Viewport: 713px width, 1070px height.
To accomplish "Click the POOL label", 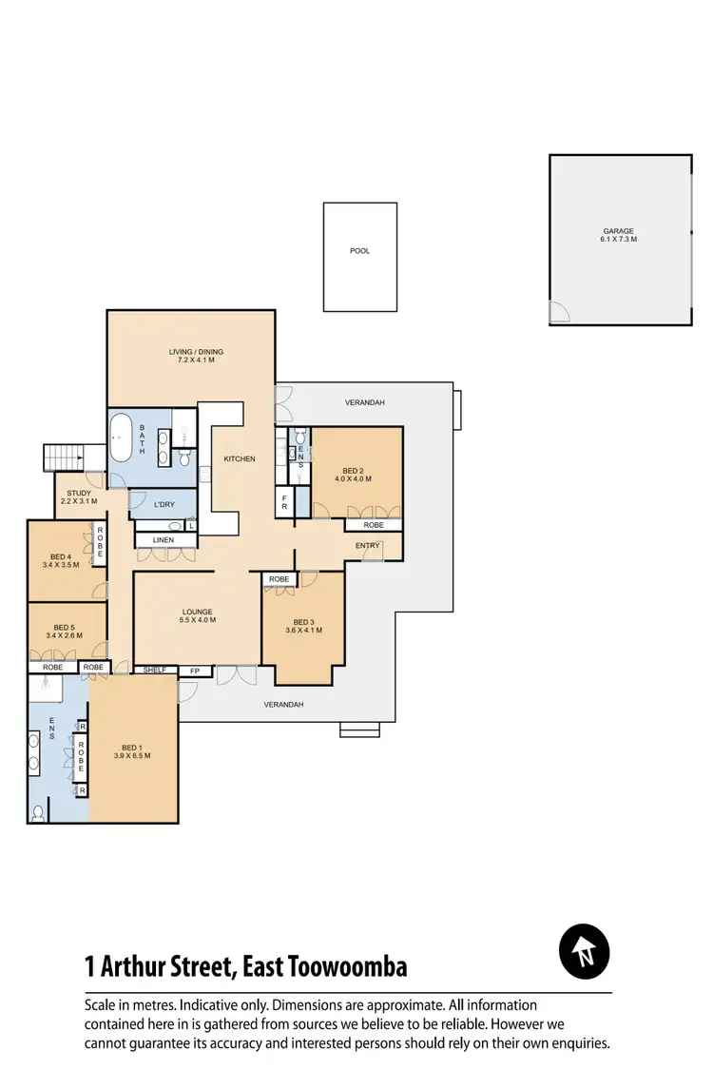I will coord(359,251).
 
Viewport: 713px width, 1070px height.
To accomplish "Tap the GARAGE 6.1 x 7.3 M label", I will coord(618,235).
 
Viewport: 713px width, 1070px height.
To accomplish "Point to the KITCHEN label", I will coord(240,459).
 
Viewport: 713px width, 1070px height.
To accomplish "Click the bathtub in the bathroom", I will coord(122,438).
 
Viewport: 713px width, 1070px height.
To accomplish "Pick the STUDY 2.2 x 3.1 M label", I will coord(79,497).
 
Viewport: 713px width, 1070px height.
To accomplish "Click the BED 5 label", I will coord(64,632).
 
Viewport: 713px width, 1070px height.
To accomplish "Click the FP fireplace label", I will coord(196,671).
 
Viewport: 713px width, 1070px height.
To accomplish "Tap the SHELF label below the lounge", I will coord(155,671).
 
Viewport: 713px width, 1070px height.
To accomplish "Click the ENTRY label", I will coord(367,546).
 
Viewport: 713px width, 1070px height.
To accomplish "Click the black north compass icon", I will coord(584,951).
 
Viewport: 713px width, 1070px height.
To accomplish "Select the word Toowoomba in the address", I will coord(352,968).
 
